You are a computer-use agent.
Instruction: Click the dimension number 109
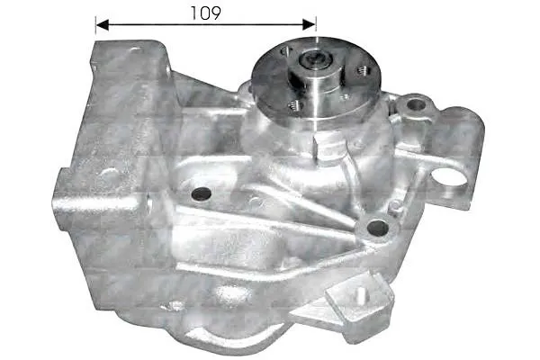tap(205, 13)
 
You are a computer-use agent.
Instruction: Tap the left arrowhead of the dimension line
tap(103, 25)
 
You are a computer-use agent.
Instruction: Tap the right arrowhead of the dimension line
tap(309, 25)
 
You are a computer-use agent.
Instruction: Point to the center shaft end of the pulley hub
tap(315, 60)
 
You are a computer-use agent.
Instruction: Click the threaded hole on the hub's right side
tap(363, 70)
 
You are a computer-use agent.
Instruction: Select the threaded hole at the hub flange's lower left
tap(295, 105)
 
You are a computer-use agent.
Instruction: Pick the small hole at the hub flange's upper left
tap(286, 51)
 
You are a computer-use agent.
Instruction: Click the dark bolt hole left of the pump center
tap(201, 194)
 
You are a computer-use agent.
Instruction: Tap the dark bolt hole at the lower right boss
tap(377, 228)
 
